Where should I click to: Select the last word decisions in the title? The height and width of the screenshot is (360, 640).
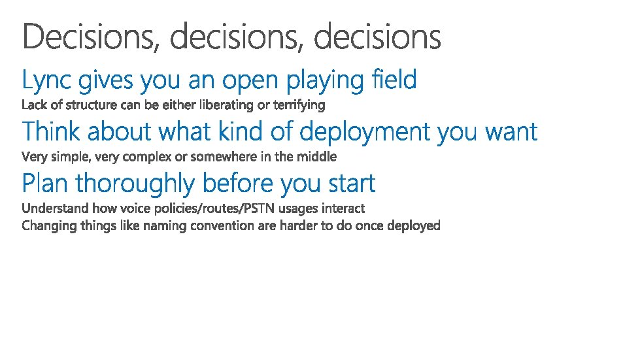pyautogui.click(x=378, y=37)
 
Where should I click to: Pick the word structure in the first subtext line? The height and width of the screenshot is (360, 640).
pyautogui.click(x=92, y=105)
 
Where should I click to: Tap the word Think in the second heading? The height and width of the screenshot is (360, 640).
pyautogui.click(x=51, y=131)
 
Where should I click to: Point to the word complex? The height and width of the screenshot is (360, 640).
pyautogui.click(x=146, y=157)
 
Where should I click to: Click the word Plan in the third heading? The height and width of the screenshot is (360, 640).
pyautogui.click(x=45, y=183)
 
